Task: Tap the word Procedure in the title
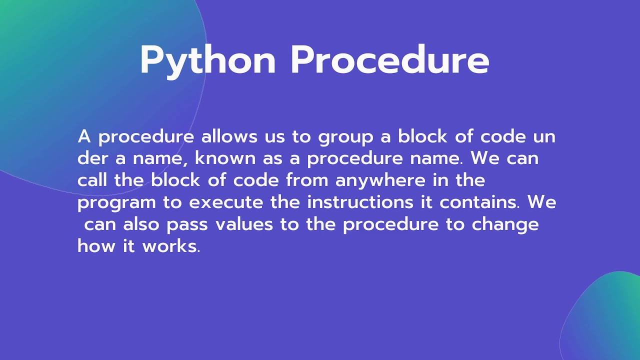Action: (389, 60)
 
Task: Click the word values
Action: (244, 224)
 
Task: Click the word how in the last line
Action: (95, 246)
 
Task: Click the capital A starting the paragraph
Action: (84, 136)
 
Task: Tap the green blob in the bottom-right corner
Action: (607, 320)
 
